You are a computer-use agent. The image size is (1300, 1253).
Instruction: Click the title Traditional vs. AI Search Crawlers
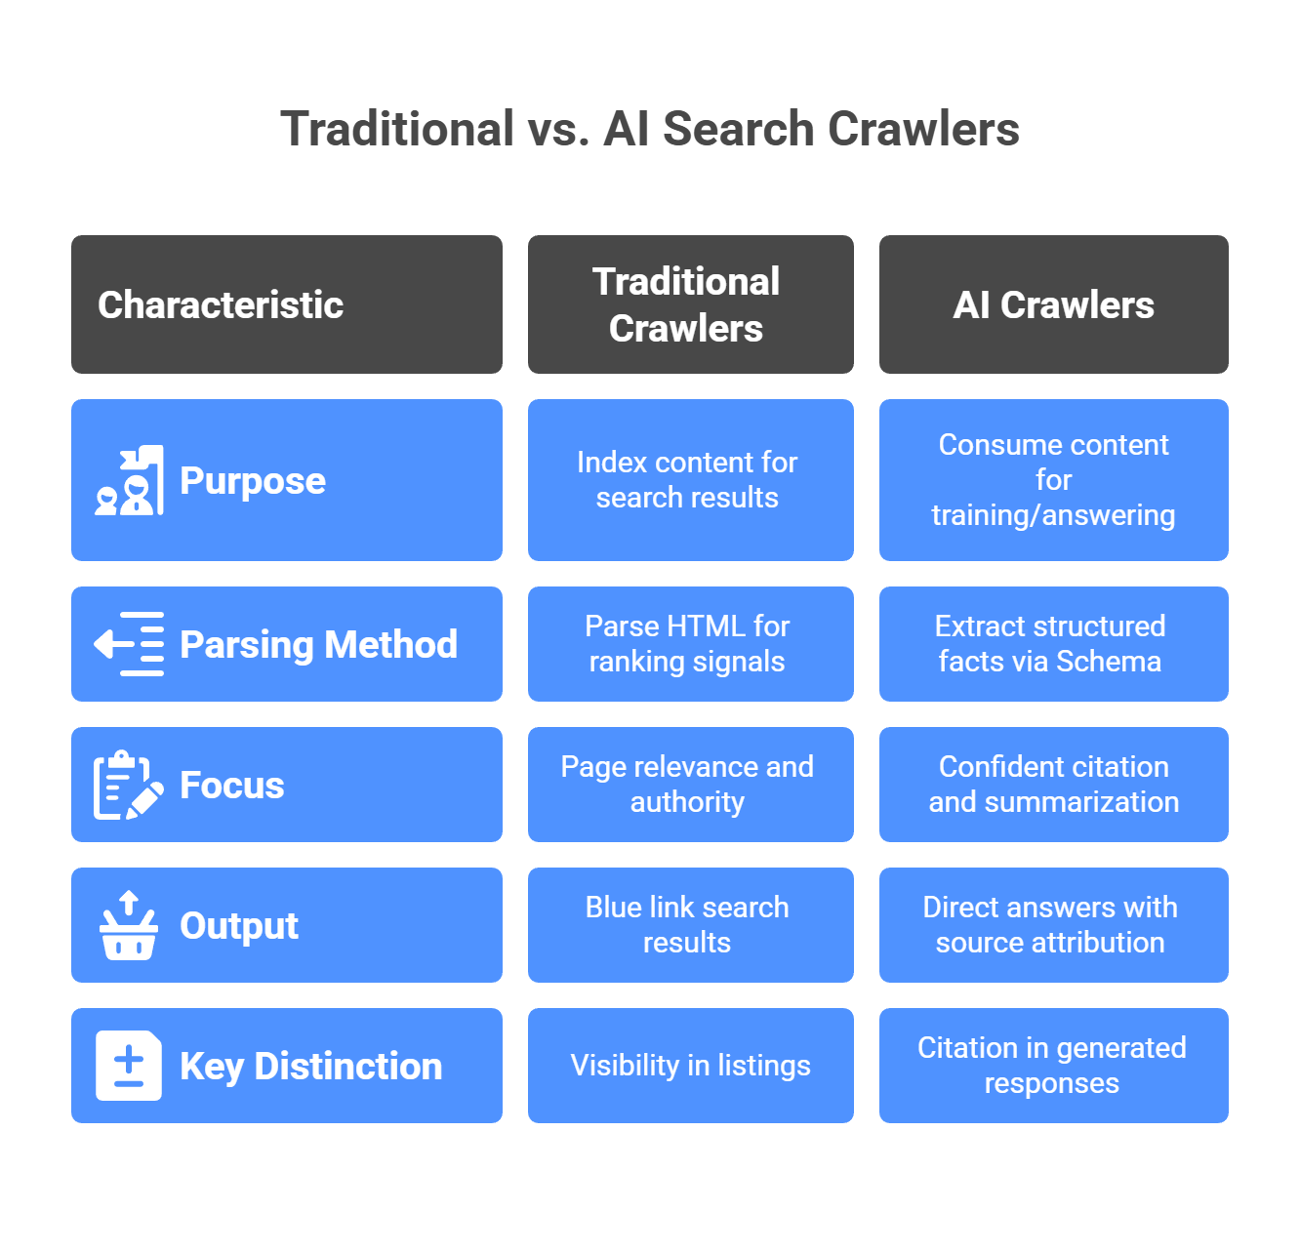point(650,129)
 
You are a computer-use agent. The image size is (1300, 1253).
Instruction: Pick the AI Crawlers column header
point(1053,304)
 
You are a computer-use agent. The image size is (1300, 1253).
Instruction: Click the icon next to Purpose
point(129,481)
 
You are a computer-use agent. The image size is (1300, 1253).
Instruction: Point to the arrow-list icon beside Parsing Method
point(129,644)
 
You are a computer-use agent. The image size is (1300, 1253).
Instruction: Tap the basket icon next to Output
point(129,925)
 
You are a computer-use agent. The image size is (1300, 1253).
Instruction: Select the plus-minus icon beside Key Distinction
point(129,1066)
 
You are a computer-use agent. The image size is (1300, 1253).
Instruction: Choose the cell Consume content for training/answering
point(1053,480)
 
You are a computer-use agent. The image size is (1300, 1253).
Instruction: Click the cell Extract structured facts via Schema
point(1053,644)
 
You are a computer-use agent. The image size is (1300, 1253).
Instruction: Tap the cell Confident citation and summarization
point(1053,785)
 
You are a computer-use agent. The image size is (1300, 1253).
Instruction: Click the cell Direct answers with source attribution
point(1053,925)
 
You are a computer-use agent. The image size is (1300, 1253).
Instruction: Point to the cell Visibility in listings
point(690,1066)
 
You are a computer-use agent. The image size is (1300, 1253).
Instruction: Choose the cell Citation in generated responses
point(1053,1066)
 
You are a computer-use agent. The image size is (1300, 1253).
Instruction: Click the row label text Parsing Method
point(318,645)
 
